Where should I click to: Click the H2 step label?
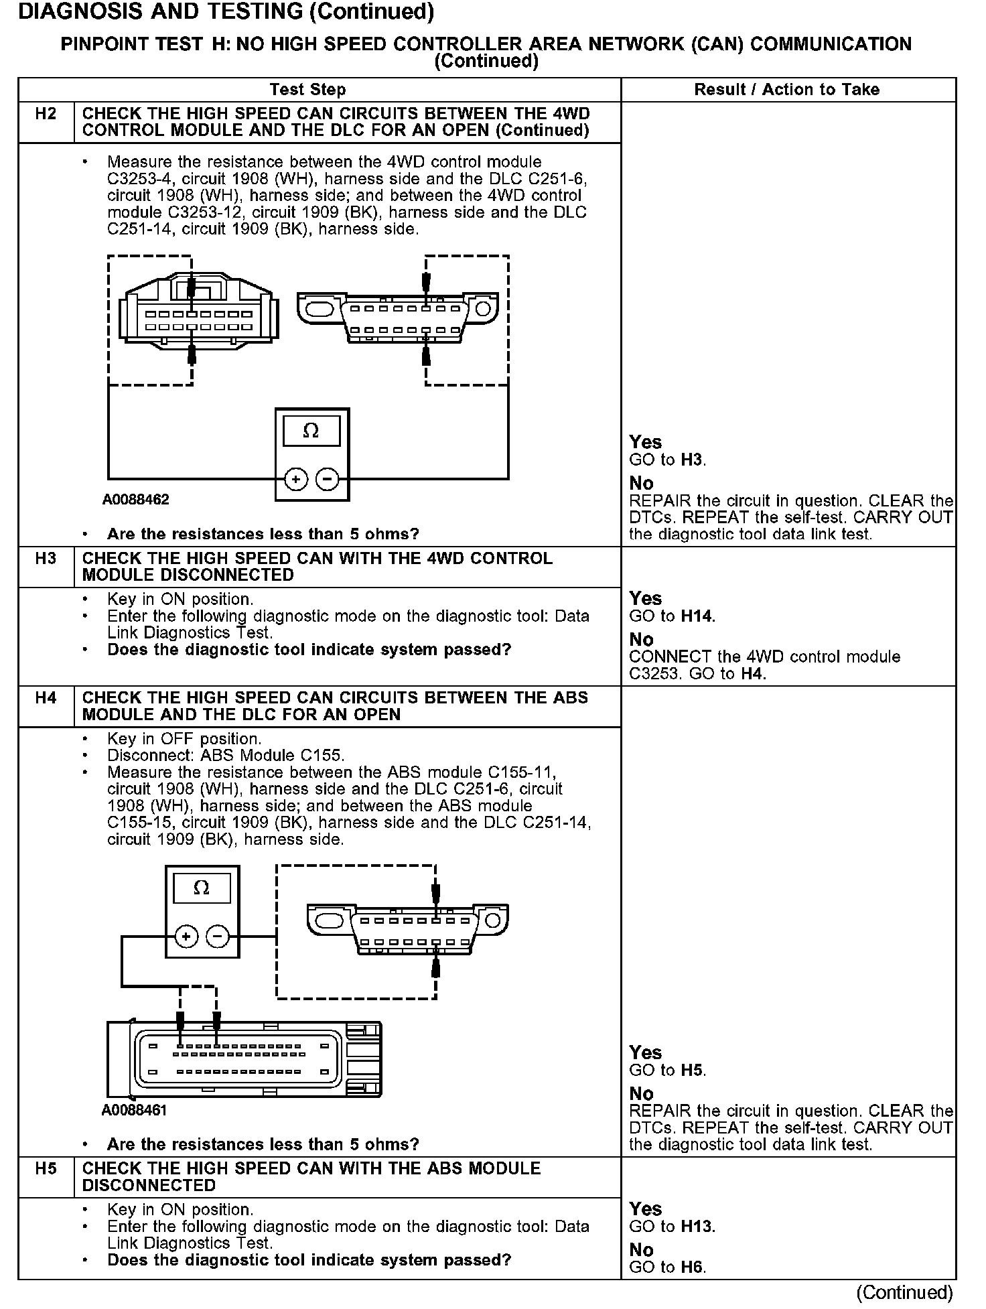coord(46,114)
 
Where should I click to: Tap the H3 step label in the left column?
coord(46,559)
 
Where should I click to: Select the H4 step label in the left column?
coord(46,698)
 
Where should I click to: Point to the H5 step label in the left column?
coord(46,1169)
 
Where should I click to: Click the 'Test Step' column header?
coord(307,90)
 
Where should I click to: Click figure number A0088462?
coord(136,500)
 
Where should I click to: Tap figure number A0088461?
coord(135,1110)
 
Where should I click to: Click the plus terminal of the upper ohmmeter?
coord(296,479)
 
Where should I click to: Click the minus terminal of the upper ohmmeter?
coord(328,479)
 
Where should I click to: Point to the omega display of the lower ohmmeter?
coord(201,888)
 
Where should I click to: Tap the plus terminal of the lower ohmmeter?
coord(186,937)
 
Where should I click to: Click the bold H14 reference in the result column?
coord(697,616)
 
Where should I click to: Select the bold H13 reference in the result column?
coord(697,1227)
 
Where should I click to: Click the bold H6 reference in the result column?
coord(693,1267)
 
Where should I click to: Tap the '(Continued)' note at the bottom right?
coord(904,1292)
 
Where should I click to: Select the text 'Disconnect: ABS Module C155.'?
coord(226,756)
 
